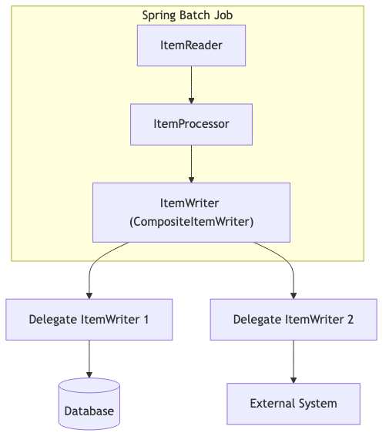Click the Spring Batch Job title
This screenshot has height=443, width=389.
(187, 15)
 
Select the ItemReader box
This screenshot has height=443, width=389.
(191, 45)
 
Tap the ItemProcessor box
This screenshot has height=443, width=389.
(191, 123)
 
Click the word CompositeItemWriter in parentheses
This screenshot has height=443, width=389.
(191, 221)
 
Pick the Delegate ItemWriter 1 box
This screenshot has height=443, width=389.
(89, 320)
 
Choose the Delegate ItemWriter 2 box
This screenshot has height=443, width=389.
(293, 320)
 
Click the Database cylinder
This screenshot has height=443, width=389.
(89, 404)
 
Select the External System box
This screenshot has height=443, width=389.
(293, 404)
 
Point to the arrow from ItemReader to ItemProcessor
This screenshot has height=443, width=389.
(191, 85)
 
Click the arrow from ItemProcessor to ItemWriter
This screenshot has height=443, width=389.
(191, 163)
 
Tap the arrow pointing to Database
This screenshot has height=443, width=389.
(89, 361)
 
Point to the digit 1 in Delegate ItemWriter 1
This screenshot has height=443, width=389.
(146, 320)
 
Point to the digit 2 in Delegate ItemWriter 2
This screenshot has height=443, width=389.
(350, 320)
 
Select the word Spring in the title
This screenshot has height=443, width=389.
(158, 15)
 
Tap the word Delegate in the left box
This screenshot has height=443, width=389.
(53, 320)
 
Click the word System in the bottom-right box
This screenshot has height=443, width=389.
(317, 404)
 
